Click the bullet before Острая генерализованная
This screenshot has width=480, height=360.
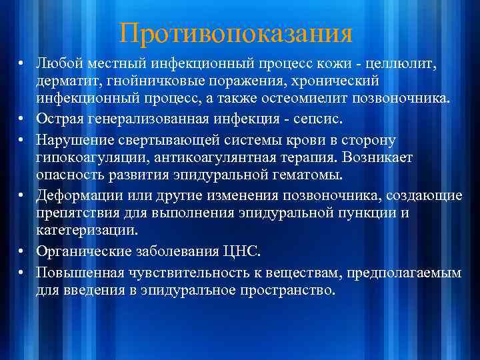pos(22,119)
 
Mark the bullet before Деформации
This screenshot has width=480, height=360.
pos(22,195)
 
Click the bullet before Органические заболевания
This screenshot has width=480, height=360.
pos(22,252)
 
